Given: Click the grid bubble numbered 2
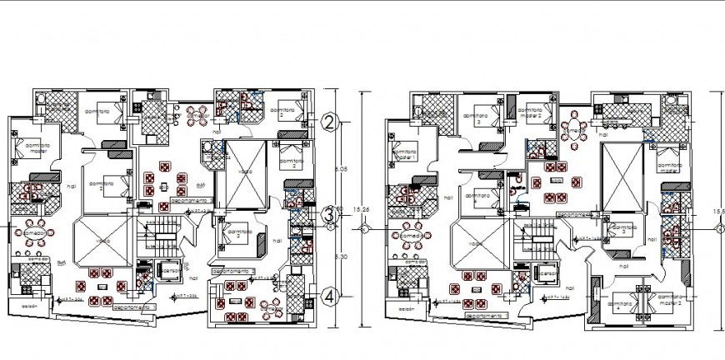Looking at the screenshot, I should click(331, 122).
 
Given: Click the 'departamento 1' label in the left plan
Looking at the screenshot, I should click(133, 307).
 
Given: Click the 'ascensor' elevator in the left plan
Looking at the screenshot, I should click(169, 272).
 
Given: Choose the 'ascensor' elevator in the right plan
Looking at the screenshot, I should click(546, 273).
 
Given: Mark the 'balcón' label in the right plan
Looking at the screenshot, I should click(406, 307).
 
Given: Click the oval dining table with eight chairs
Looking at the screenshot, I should click(576, 129).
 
